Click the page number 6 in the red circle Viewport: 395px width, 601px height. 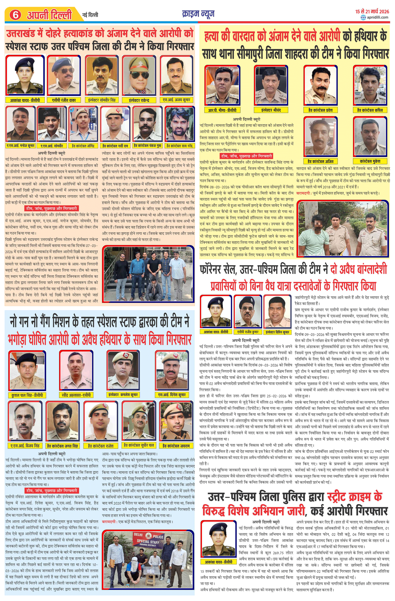(15, 15)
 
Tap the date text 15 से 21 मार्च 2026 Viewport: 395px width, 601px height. (372, 11)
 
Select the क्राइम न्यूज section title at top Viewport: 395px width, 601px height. (198, 14)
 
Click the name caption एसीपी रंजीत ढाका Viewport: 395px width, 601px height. (64, 100)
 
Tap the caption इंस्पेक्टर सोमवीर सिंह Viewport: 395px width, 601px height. (102, 100)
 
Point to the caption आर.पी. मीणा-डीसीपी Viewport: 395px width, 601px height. (222, 110)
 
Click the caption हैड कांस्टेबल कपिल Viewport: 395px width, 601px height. (370, 110)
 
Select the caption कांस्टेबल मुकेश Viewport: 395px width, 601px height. (370, 161)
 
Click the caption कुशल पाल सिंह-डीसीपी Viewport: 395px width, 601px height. (27, 395)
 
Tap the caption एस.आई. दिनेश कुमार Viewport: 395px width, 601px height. (172, 395)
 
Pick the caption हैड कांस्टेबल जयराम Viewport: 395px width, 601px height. (176, 446)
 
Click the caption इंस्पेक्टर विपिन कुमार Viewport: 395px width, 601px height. (277, 332)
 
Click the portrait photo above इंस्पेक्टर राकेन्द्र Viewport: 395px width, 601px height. (139, 75)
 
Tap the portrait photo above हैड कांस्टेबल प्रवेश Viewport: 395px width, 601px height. (321, 85)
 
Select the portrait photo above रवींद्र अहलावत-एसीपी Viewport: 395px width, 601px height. (76, 370)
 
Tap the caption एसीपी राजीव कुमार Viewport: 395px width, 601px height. (248, 332)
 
